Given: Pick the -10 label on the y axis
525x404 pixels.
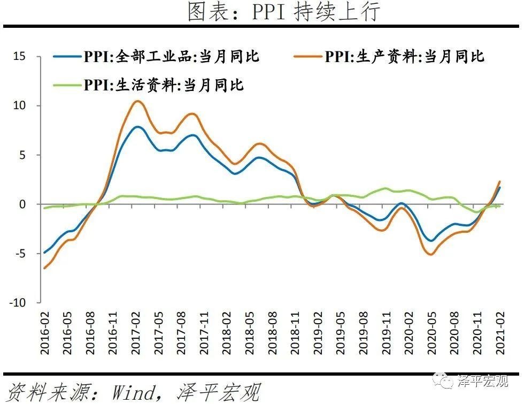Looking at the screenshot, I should (19, 303).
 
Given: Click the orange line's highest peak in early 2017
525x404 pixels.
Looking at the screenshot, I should (137, 101).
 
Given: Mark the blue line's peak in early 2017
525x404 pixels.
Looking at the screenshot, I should (137, 127).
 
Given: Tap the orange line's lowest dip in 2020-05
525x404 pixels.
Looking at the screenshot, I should (430, 254).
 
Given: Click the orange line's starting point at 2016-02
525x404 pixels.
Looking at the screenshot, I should (44, 268).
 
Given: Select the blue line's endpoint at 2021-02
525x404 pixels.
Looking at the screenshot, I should (500, 187).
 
